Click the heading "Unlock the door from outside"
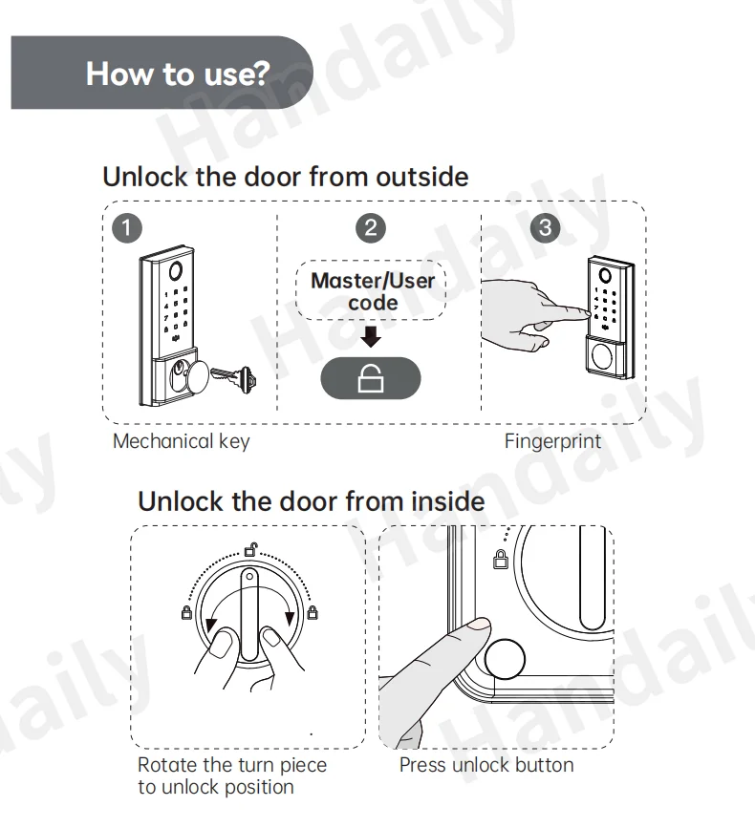tap(285, 177)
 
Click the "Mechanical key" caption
tap(181, 442)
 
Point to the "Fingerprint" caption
tap(552, 442)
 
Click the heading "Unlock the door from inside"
tap(312, 500)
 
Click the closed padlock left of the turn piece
tap(186, 613)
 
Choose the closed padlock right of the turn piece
tap(313, 613)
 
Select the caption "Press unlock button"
tap(486, 765)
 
